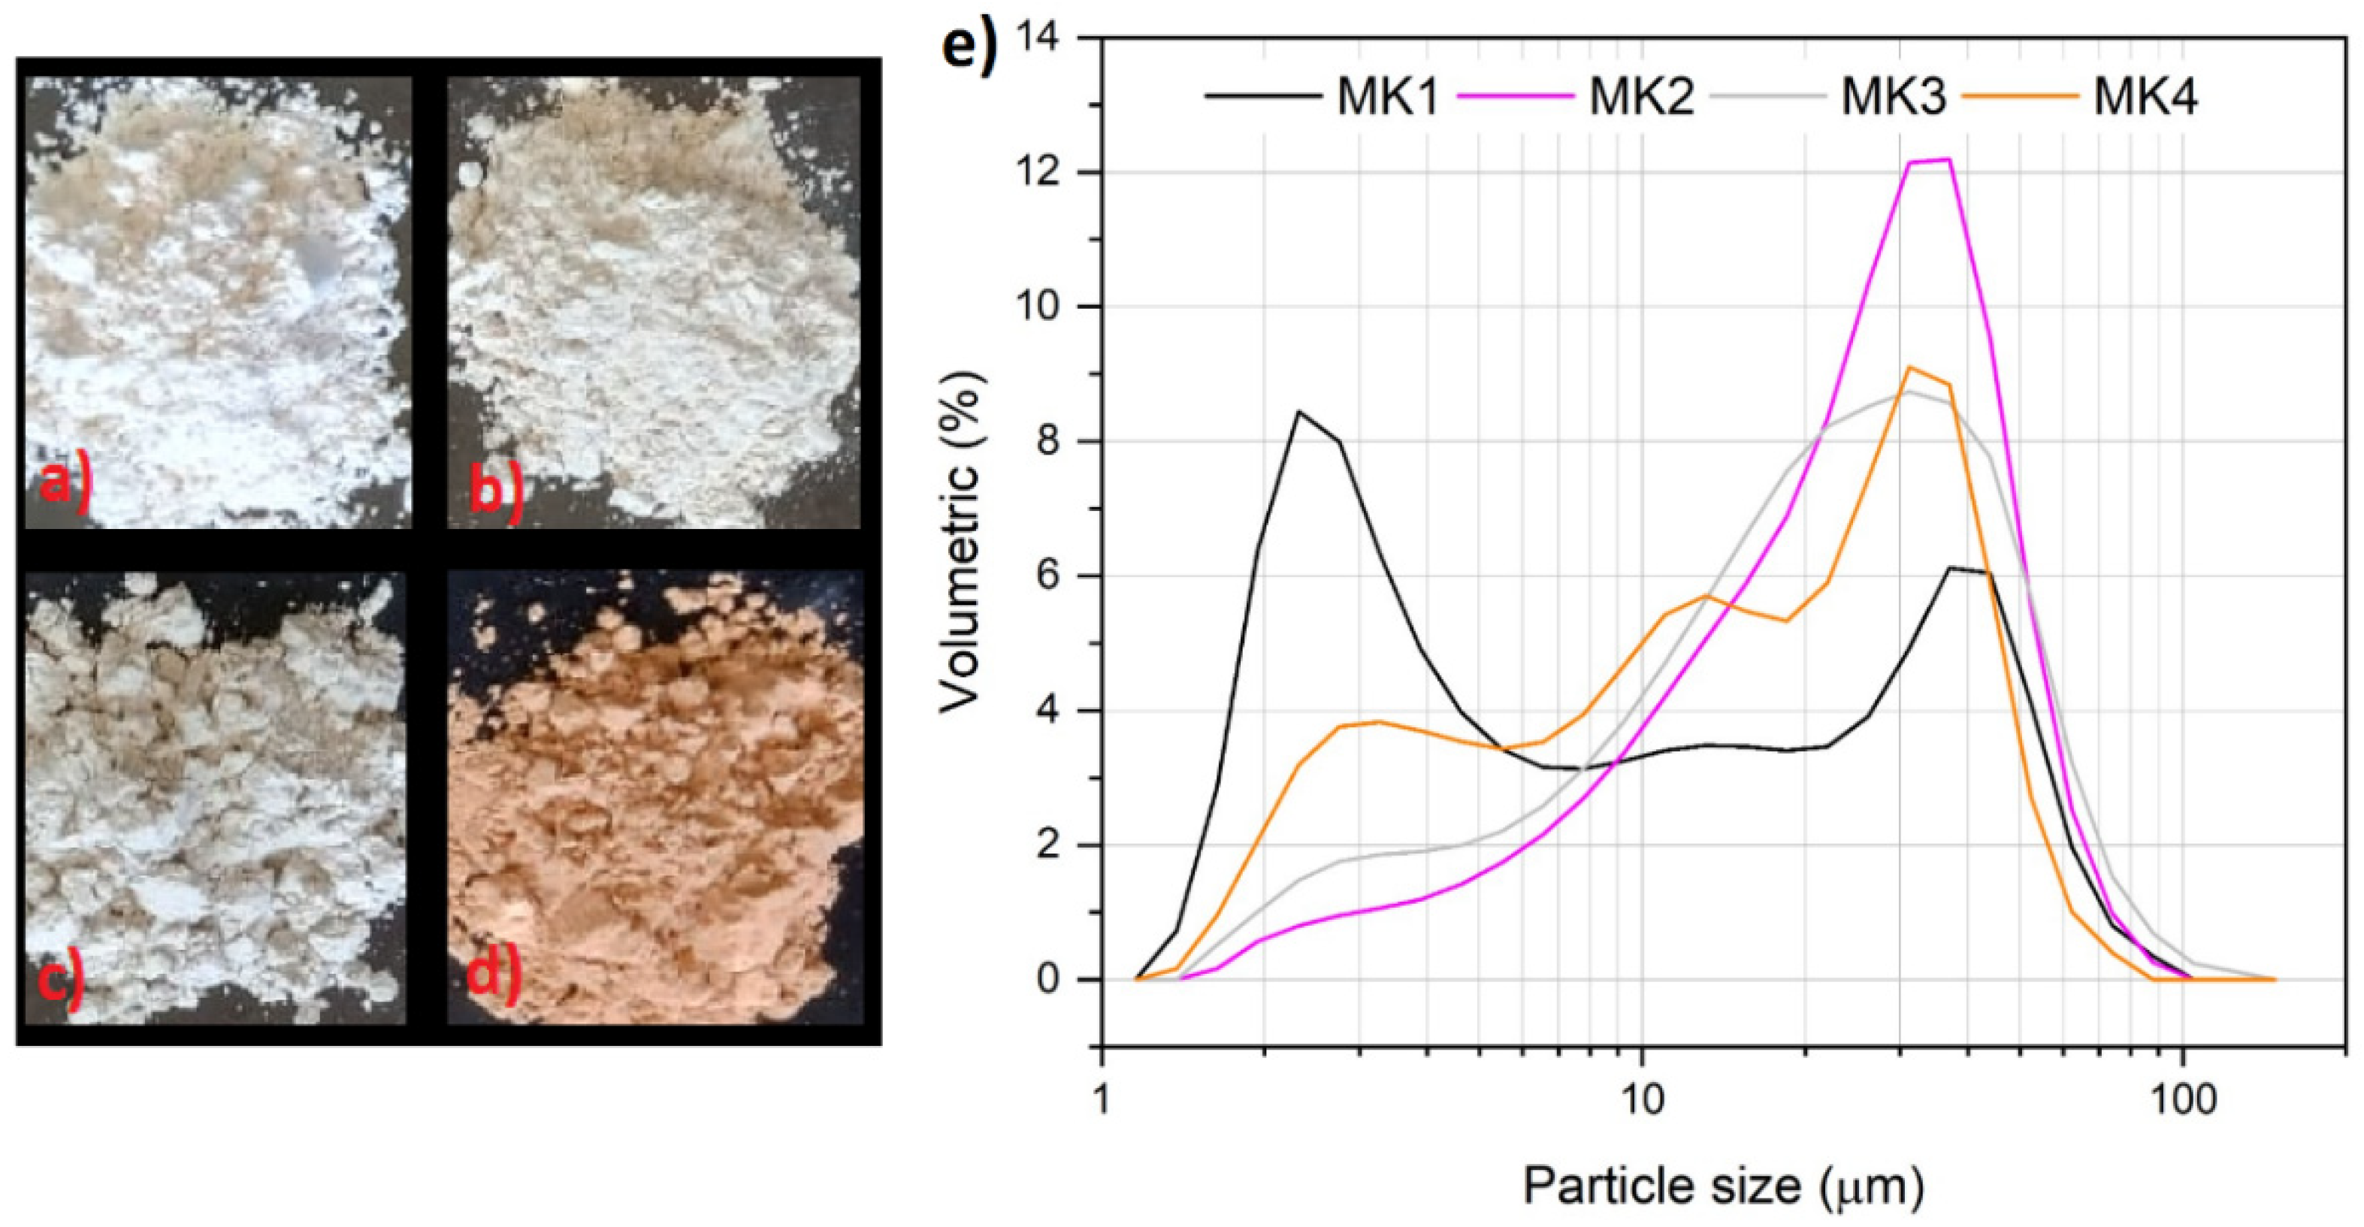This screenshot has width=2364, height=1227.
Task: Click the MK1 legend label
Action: click(x=1386, y=96)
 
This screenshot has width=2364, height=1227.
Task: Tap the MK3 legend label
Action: click(x=1892, y=96)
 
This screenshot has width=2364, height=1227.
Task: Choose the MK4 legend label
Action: click(x=2145, y=96)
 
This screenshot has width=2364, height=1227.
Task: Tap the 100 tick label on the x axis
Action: click(x=2182, y=1100)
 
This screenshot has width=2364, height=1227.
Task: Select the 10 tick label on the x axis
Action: click(x=1642, y=1100)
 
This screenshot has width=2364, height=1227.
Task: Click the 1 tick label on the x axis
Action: click(x=1102, y=1100)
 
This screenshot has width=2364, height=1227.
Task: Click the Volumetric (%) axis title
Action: click(x=960, y=542)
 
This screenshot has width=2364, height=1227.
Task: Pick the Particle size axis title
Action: click(x=1724, y=1186)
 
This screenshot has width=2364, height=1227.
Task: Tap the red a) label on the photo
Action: click(x=64, y=484)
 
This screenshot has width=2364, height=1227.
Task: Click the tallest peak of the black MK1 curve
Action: click(x=1298, y=411)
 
